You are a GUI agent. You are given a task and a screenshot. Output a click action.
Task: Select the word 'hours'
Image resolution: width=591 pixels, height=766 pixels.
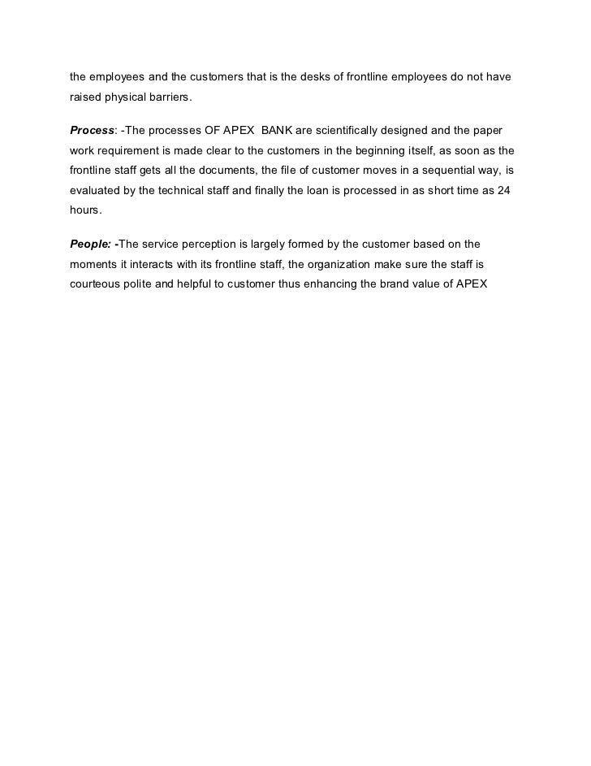coord(85,211)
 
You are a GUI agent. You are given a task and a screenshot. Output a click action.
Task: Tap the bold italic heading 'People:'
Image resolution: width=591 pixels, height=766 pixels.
coord(91,244)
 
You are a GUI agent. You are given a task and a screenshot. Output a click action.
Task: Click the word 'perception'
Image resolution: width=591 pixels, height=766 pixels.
coord(218,244)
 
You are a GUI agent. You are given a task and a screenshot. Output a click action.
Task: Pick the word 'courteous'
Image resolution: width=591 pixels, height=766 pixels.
coord(97,284)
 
